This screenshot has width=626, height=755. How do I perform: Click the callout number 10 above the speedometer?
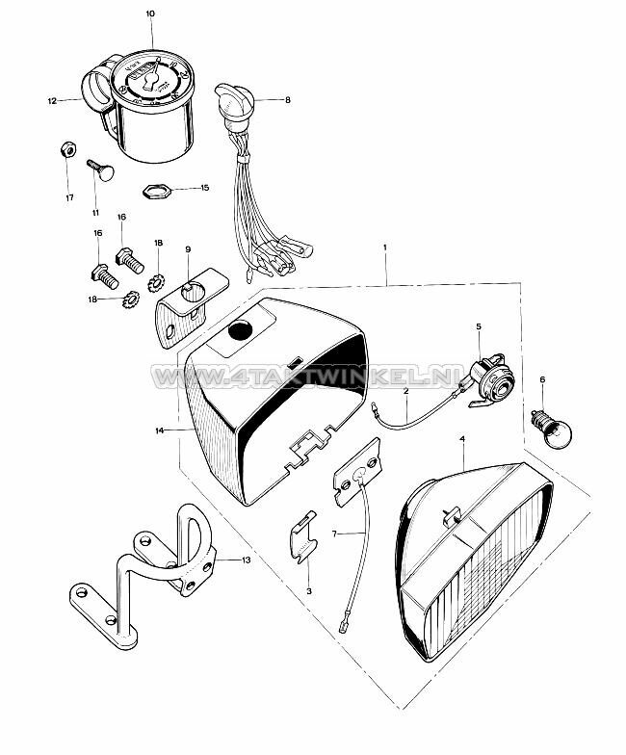[x=149, y=13]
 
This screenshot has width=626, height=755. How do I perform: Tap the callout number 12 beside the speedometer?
[x=51, y=99]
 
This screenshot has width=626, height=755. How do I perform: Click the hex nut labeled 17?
[x=67, y=150]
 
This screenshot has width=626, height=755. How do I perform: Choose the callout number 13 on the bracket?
[x=246, y=559]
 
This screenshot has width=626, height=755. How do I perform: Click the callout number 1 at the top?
[x=385, y=248]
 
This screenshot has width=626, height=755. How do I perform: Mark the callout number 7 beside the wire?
[x=334, y=533]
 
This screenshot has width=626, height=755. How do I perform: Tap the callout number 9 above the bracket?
[x=187, y=250]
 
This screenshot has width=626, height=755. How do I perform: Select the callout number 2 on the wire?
[x=406, y=392]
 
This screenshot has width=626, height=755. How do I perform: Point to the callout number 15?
[x=204, y=188]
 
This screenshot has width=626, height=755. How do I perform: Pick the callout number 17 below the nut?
[x=68, y=198]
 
